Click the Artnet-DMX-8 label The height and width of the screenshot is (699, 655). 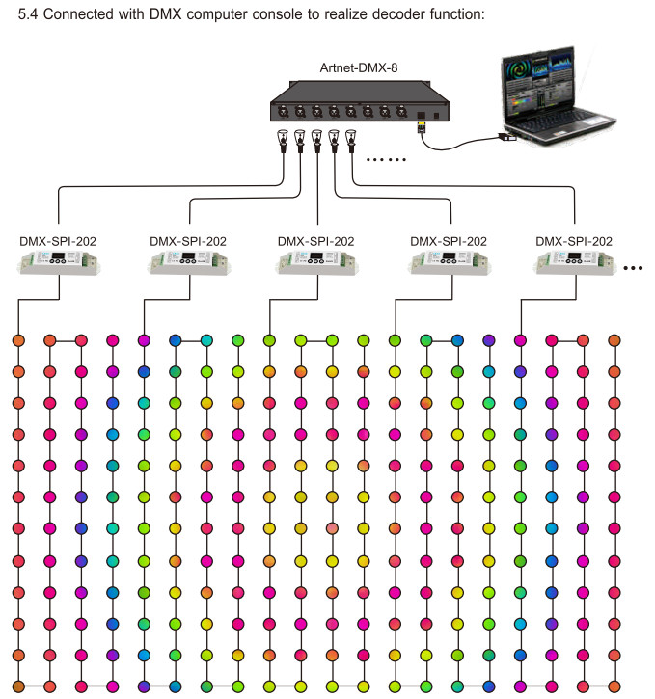(x=359, y=67)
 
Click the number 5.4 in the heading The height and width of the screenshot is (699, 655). (x=28, y=14)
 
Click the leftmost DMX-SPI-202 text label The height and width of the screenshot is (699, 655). (x=58, y=241)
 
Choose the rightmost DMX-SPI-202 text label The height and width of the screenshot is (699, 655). (x=574, y=241)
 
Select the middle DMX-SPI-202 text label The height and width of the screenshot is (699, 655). (x=315, y=241)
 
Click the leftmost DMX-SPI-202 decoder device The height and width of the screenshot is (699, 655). (x=59, y=262)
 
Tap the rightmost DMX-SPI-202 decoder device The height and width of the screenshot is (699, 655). (x=574, y=262)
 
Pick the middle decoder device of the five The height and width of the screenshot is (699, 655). (x=316, y=262)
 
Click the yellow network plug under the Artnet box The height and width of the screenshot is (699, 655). (x=421, y=128)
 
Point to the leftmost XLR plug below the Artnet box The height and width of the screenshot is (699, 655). (x=283, y=140)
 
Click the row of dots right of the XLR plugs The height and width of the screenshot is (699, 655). (x=386, y=159)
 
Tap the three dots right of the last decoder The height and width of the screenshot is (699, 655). (x=633, y=268)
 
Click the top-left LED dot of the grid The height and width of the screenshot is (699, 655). (x=18, y=340)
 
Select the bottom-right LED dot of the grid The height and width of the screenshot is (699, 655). (x=614, y=686)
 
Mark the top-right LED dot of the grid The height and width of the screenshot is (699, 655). (x=614, y=340)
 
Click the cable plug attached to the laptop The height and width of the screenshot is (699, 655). (x=507, y=137)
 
